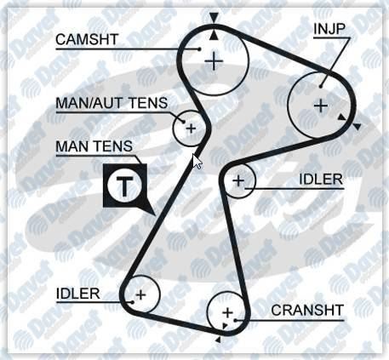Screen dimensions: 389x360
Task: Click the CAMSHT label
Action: [x=87, y=39]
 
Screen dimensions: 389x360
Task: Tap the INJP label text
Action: [x=329, y=29]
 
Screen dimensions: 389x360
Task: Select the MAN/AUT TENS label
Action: [x=112, y=103]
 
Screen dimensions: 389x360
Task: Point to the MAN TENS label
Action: [x=94, y=146]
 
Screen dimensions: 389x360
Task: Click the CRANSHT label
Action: [x=307, y=310]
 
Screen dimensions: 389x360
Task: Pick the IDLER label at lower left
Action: [x=78, y=294]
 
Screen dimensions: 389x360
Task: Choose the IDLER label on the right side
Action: [x=321, y=180]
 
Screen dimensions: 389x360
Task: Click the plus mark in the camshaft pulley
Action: [x=214, y=61]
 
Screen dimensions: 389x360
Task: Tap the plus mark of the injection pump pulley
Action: [x=321, y=106]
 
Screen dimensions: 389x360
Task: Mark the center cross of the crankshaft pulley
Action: [x=227, y=313]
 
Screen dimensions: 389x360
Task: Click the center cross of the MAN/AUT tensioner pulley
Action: [x=191, y=129]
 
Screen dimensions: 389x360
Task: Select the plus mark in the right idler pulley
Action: [x=238, y=180]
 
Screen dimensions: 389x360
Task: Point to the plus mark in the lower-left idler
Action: [x=140, y=294]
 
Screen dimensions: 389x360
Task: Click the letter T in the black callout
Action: [x=124, y=187]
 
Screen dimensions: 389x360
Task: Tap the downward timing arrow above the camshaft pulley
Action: [x=214, y=18]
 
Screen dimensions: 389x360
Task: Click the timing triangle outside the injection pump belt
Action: [x=358, y=127]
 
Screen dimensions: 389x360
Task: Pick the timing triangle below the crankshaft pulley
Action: [x=218, y=340]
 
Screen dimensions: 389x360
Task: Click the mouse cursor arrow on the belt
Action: [x=197, y=162]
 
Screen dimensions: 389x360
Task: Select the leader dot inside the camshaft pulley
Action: [x=199, y=49]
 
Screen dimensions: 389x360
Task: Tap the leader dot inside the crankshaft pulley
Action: [x=235, y=321]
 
